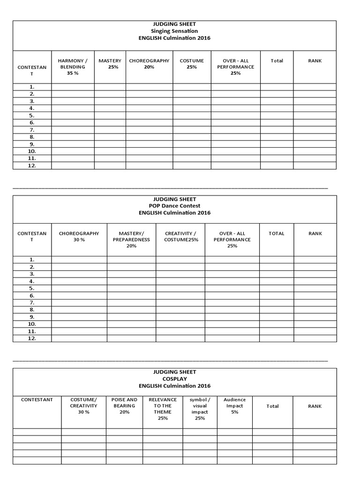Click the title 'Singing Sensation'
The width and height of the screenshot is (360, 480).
coord(174,31)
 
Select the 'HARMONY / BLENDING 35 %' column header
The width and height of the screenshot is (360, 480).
coord(73,67)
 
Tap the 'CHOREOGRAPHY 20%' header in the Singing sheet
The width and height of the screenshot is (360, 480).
coord(149,64)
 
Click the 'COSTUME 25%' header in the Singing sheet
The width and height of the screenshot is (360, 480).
coord(192,64)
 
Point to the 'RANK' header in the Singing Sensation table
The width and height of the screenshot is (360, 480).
coord(315,60)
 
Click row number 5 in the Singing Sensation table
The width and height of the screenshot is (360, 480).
coord(32,115)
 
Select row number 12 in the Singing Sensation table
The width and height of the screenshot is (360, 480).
coord(32,165)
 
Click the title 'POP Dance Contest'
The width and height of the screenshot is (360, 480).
coord(174,206)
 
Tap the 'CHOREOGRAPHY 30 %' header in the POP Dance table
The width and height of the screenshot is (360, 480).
coord(79,236)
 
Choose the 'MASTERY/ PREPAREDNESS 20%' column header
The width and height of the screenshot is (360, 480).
coord(131,240)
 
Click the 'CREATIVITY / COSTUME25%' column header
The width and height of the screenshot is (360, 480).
coord(180,236)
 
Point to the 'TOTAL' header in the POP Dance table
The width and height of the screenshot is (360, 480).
coord(277,233)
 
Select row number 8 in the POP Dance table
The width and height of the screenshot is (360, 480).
coord(32,310)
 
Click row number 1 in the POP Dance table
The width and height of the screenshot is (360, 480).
coord(32,259)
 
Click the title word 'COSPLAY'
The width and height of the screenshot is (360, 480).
coord(174,379)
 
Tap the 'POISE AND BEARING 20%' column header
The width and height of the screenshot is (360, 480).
coord(124,406)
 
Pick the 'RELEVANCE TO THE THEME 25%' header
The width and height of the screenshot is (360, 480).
coord(163,409)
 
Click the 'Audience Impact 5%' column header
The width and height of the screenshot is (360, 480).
coord(234,406)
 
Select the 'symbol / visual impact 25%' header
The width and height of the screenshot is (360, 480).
coord(200,409)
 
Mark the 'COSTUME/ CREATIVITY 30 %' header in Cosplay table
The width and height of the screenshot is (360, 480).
coord(83,406)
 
